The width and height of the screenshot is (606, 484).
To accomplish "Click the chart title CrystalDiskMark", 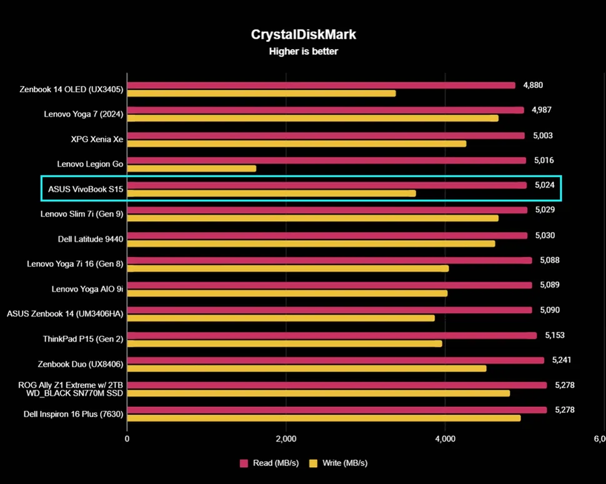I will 303,34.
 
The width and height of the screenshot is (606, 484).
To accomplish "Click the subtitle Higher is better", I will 303,52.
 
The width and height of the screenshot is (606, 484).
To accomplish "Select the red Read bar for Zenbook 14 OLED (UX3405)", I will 321,85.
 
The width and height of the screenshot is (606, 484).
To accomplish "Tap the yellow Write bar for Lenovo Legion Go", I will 191,168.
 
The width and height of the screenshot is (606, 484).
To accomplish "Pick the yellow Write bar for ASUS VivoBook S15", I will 271,193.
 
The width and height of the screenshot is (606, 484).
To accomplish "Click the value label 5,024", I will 544,185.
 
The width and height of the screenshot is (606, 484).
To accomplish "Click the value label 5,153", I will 554,336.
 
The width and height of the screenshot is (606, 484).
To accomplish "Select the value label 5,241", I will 562,360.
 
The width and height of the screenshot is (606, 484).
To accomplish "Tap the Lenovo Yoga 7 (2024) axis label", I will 84,114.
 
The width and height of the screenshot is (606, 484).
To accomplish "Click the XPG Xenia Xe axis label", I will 97,139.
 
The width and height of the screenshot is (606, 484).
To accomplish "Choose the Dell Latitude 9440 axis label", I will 91,239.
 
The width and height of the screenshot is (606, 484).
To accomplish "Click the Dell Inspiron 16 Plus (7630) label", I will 73,414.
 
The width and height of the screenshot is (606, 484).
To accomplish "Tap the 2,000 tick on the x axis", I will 286,440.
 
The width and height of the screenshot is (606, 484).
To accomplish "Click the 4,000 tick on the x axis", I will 445,440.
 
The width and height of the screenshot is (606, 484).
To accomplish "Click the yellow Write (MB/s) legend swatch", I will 314,463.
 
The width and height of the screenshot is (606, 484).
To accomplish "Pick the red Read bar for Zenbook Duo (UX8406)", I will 335,360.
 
